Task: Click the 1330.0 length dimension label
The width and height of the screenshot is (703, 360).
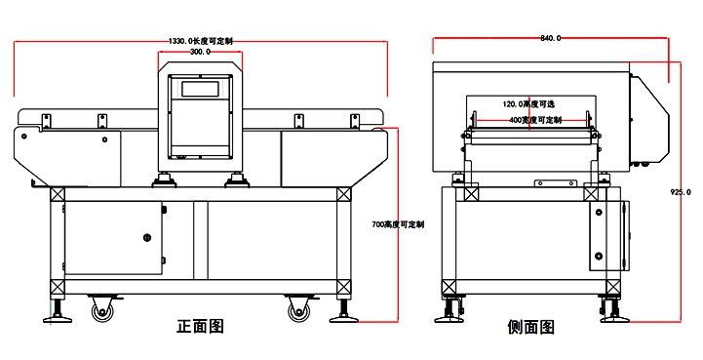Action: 201,41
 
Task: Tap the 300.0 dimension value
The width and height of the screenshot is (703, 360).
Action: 200,52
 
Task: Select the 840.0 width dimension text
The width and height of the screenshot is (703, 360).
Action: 550,38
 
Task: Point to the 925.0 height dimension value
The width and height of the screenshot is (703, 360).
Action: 681,192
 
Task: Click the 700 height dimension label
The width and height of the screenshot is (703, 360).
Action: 398,224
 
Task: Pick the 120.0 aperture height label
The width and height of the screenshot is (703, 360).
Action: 528,104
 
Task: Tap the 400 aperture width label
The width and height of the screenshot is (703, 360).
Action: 535,120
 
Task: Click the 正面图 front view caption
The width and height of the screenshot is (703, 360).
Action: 200,326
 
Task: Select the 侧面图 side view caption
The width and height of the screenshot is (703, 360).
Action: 530,327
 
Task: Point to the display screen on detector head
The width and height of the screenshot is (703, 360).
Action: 200,89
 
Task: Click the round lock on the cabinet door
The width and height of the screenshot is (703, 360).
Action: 147,237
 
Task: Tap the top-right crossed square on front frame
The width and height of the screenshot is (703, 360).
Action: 344,194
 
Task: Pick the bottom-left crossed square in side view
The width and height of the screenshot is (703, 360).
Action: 449,287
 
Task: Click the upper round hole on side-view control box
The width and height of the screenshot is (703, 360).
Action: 599,212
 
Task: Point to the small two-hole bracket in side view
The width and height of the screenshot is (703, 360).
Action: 555,183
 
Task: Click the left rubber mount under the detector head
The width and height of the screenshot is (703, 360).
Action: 164,180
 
